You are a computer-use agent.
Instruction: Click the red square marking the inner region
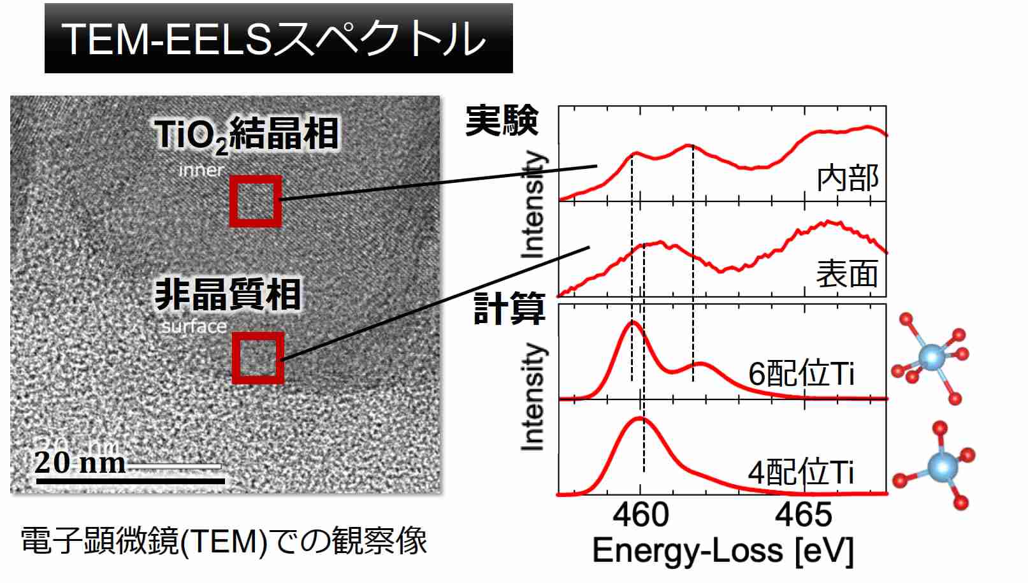255,201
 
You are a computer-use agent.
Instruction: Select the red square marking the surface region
257,357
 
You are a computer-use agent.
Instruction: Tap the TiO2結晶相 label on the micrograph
246,135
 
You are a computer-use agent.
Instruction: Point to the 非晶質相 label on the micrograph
228,294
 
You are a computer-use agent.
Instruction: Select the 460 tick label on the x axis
641,515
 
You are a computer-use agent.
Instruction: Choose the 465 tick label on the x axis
804,515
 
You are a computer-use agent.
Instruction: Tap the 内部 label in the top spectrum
848,178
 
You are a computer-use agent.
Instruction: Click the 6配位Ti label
801,373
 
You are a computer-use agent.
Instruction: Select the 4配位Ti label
800,473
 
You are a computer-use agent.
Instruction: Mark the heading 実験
502,120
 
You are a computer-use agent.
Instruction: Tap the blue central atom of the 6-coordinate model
932,358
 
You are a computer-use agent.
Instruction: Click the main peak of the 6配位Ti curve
632,323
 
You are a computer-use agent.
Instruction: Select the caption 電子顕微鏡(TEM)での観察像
224,541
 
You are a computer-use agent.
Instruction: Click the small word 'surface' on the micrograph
194,327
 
